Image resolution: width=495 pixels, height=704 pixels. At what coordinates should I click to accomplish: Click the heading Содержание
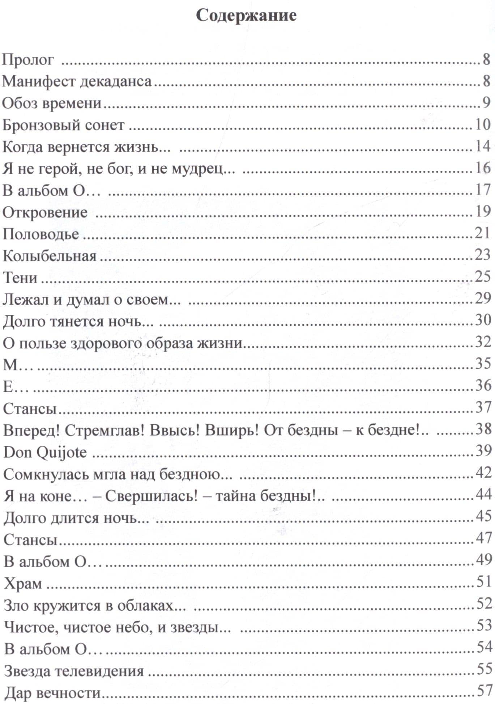pyautogui.click(x=246, y=16)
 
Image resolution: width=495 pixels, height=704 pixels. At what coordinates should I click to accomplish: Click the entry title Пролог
pyautogui.click(x=28, y=60)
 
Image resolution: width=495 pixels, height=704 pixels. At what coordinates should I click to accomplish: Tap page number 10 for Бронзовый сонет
pyautogui.click(x=482, y=124)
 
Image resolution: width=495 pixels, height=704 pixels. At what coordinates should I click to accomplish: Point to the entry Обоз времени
pyautogui.click(x=52, y=103)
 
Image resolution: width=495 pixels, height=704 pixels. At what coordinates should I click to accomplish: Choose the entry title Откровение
pyautogui.click(x=45, y=212)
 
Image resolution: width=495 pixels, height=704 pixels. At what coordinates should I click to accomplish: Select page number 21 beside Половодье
pyautogui.click(x=482, y=233)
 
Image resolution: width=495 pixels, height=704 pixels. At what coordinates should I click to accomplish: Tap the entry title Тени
pyautogui.click(x=20, y=278)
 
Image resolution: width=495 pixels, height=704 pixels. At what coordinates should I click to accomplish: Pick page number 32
pyautogui.click(x=482, y=342)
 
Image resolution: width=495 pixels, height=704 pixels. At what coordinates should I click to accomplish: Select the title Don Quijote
pyautogui.click(x=45, y=452)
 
